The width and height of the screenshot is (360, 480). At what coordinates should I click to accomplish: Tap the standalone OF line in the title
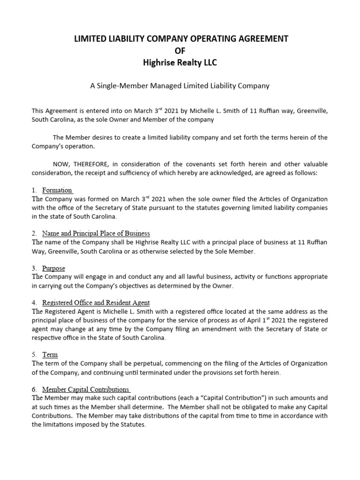pyautogui.click(x=180, y=51)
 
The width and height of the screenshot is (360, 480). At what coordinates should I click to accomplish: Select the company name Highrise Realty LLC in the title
pyautogui.click(x=180, y=62)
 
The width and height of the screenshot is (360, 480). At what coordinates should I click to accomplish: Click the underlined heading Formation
pyautogui.click(x=57, y=190)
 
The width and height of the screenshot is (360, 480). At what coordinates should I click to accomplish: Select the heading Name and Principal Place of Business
pyautogui.click(x=96, y=233)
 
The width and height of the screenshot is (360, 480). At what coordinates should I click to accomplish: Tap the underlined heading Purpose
pyautogui.click(x=53, y=268)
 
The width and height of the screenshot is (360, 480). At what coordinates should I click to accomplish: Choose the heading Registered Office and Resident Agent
pyautogui.click(x=96, y=303)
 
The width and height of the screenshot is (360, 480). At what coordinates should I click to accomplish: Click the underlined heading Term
pyautogui.click(x=50, y=355)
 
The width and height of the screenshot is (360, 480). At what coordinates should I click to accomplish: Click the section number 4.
pyautogui.click(x=34, y=303)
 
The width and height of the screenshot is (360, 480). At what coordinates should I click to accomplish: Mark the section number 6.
pyautogui.click(x=34, y=390)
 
